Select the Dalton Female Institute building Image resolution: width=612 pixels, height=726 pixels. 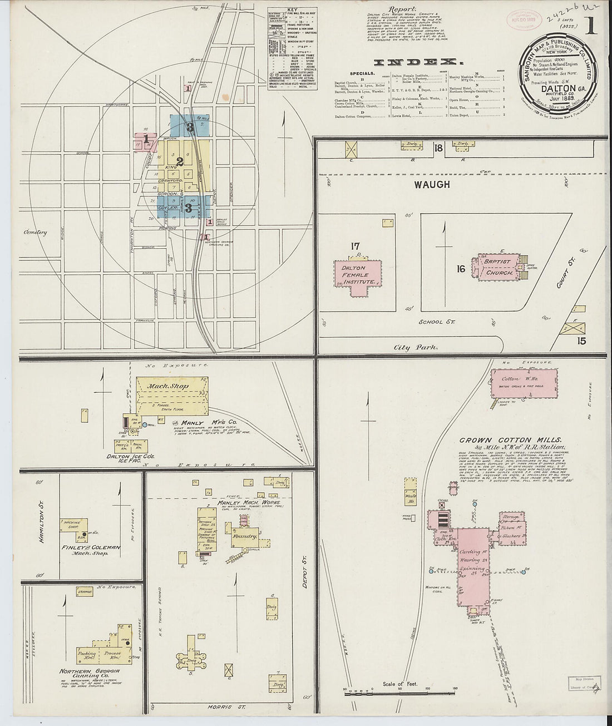tap(358, 275)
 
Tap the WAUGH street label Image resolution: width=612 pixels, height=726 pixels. tap(432, 184)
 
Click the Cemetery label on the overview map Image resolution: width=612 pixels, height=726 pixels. tap(35, 233)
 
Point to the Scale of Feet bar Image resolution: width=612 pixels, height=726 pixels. tap(399, 692)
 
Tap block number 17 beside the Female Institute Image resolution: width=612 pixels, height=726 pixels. tap(356, 246)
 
